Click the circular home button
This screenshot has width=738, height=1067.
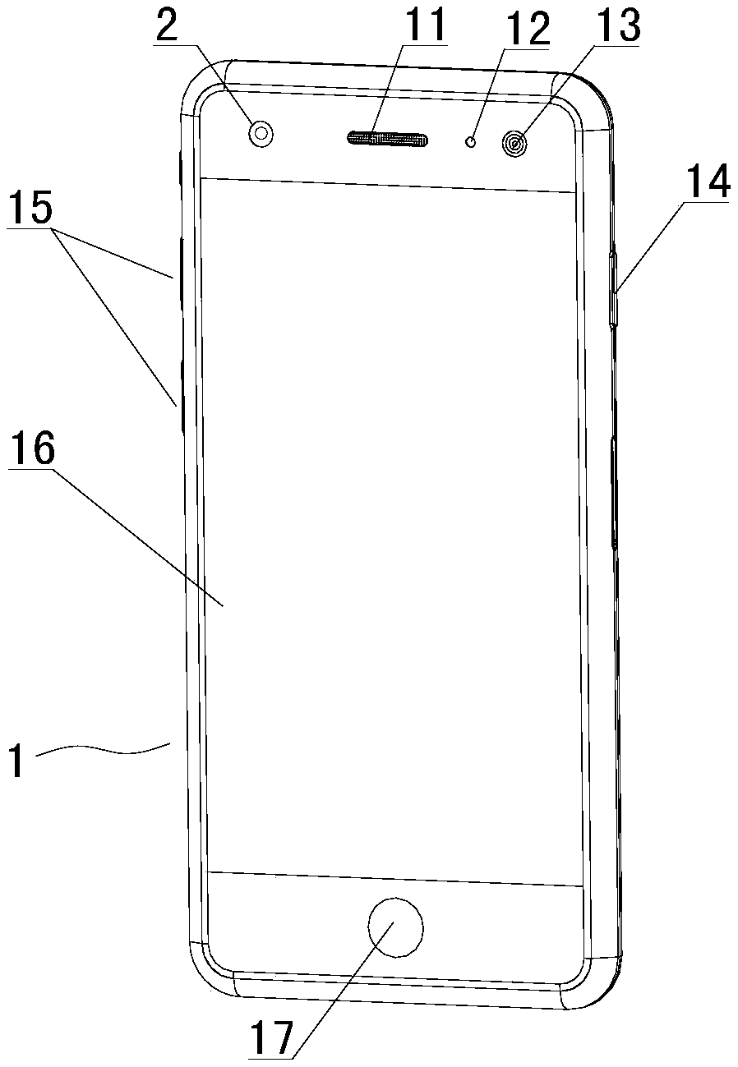pos(395,927)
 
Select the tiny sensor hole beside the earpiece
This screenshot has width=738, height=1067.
pos(471,142)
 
